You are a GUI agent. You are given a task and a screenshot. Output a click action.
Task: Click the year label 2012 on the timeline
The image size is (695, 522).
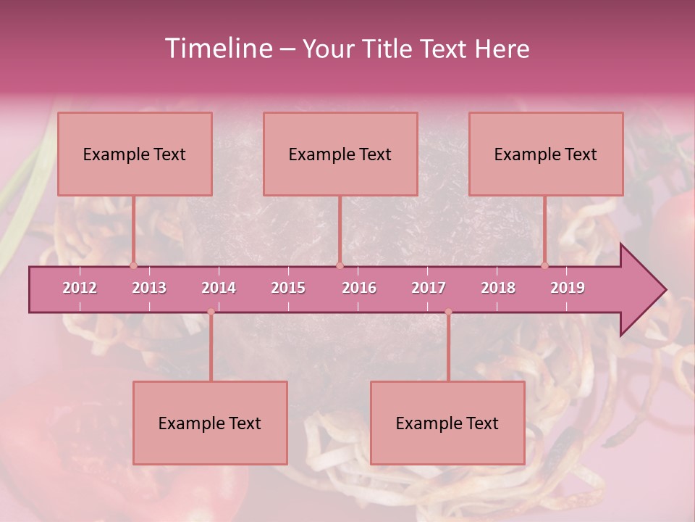[80, 288]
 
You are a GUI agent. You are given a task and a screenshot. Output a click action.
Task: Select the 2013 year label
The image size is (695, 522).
[149, 288]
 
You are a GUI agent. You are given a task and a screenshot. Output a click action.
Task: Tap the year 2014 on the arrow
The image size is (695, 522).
[219, 288]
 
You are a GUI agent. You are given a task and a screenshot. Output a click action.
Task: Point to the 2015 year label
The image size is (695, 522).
[288, 288]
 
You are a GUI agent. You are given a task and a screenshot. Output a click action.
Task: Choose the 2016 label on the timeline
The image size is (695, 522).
[359, 288]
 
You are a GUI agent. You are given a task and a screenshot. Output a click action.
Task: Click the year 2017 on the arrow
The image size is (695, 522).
[429, 288]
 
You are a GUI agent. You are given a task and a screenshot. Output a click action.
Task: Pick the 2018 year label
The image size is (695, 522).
[498, 288]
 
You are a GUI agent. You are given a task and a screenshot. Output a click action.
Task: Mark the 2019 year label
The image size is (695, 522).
[568, 288]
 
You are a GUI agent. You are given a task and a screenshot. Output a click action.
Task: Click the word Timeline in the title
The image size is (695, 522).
[218, 49]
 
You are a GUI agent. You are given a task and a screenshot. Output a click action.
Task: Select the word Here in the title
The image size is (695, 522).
[502, 49]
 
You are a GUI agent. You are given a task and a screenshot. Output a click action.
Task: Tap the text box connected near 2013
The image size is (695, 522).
[135, 154]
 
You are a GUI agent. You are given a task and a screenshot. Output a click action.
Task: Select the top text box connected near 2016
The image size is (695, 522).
[340, 154]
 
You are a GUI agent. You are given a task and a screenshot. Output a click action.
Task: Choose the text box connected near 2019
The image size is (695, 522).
[546, 154]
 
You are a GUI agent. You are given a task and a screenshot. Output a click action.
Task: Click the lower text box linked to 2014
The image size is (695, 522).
[210, 423]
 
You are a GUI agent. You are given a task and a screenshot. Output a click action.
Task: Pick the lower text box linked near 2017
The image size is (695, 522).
[447, 423]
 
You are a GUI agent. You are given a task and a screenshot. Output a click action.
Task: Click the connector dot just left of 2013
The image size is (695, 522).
[133, 265]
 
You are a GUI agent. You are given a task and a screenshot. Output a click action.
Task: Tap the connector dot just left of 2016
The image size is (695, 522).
[340, 265]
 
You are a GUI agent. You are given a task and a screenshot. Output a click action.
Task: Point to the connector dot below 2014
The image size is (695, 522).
[211, 312]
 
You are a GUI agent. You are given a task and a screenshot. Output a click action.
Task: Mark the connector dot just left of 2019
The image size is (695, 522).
[544, 265]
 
